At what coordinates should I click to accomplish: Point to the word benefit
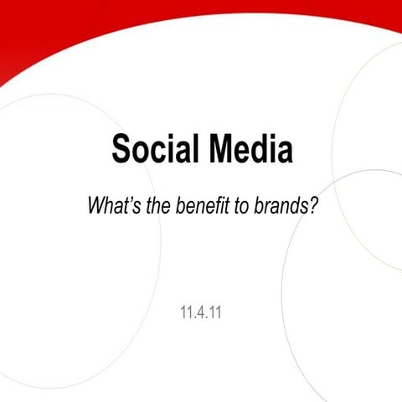202,206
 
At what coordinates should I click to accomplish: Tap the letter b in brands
259,206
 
